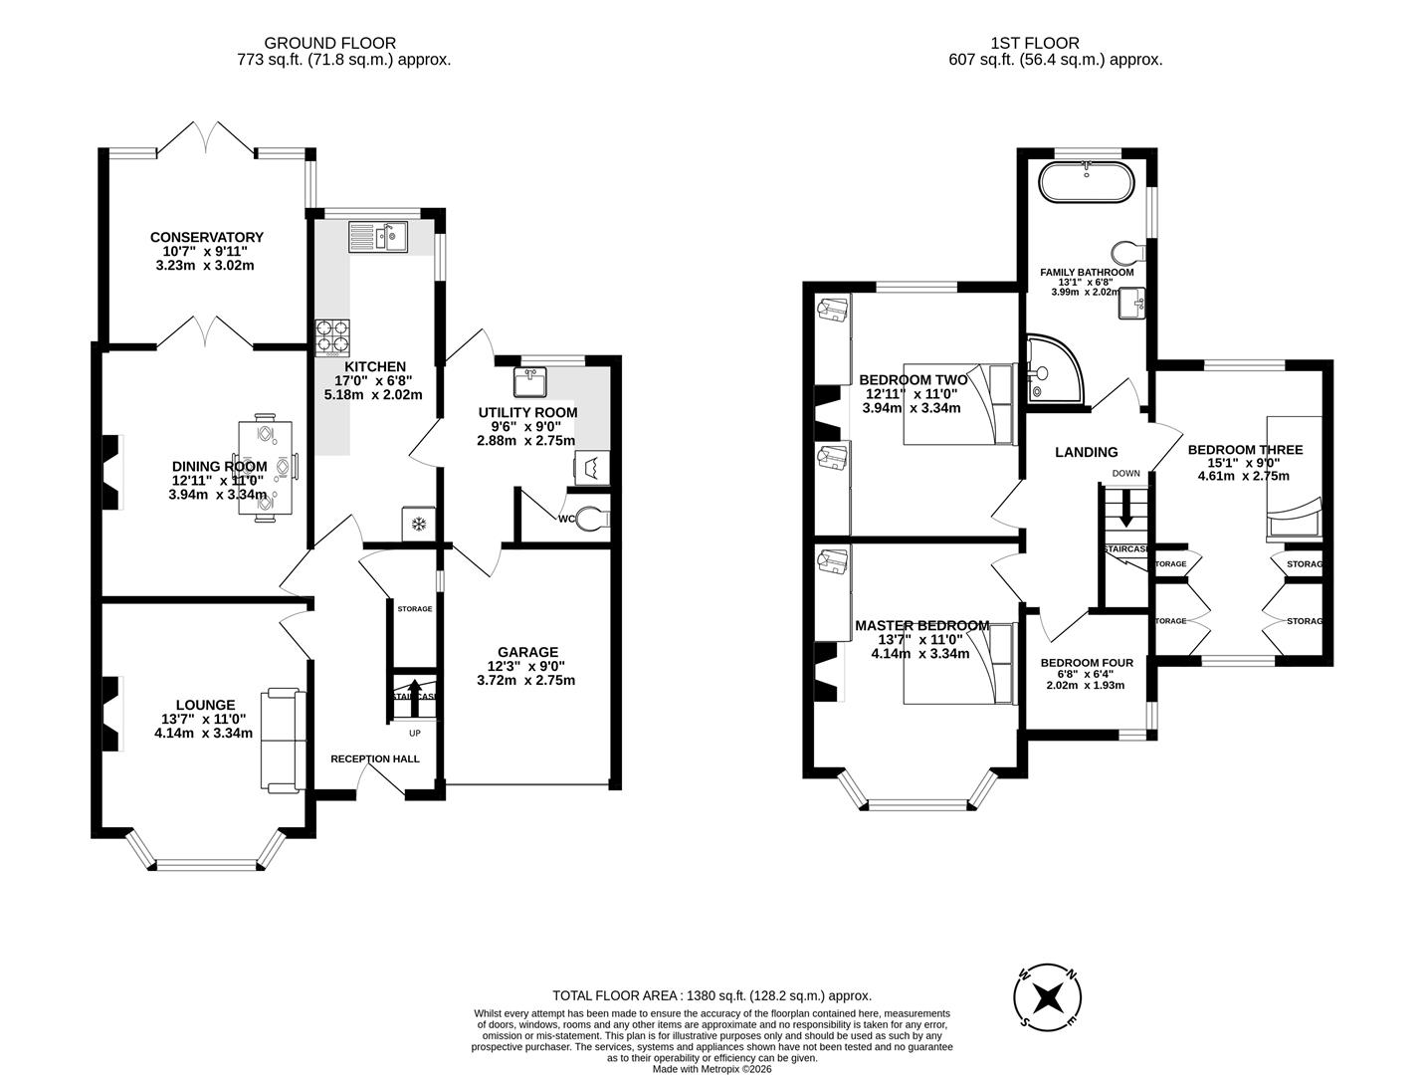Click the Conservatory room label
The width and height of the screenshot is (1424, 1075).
coord(206,237)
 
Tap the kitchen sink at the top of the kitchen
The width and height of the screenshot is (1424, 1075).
coord(378,237)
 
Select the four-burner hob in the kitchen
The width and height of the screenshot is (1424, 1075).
coord(333,336)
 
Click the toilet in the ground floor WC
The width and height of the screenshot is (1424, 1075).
coord(593,519)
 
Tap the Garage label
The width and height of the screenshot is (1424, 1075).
coord(528,652)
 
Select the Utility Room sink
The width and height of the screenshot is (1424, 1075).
coord(529,381)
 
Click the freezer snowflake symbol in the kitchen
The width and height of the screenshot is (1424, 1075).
coord(419,523)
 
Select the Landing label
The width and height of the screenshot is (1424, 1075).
coord(1086,452)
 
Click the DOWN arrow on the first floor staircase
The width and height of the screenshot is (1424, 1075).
coord(1125,509)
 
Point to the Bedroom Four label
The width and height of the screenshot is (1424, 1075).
coord(1087,663)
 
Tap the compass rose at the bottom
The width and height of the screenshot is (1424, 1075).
coord(1047,997)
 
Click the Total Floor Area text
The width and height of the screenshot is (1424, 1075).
coord(712,995)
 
